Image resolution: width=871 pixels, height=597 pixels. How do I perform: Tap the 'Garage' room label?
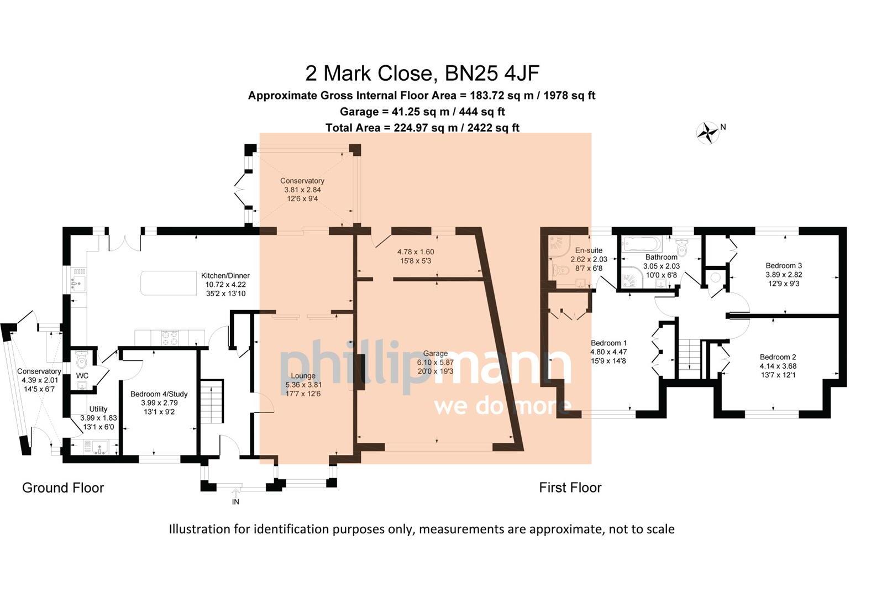click(x=435, y=353)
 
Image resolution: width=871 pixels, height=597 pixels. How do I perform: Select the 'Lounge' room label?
click(x=300, y=376)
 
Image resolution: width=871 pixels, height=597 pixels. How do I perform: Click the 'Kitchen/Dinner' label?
click(x=225, y=275)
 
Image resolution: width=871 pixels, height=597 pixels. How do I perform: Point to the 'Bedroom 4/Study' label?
click(x=159, y=394)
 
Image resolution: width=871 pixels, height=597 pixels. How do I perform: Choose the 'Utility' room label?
click(x=98, y=410)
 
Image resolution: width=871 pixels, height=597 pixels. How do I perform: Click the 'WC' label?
click(x=82, y=376)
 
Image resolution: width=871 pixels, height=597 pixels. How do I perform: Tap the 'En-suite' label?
click(x=589, y=250)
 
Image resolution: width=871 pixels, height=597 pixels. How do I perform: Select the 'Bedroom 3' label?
click(x=784, y=266)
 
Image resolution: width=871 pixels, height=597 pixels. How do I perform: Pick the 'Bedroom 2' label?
click(x=778, y=357)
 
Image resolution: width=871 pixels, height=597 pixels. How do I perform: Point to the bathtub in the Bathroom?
click(x=641, y=244)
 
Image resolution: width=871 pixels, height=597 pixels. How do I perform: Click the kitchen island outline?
click(x=166, y=283)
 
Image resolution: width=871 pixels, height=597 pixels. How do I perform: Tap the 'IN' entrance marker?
click(x=235, y=502)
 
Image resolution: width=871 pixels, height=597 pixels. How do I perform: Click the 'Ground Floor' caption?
click(x=63, y=488)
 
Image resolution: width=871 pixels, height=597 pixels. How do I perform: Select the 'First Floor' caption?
click(x=570, y=488)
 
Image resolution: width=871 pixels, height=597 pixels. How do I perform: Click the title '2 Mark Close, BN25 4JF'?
click(x=422, y=73)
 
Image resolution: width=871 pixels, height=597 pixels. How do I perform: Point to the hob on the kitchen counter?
click(x=169, y=337)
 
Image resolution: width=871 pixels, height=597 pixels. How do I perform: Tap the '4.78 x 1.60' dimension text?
click(x=419, y=252)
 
